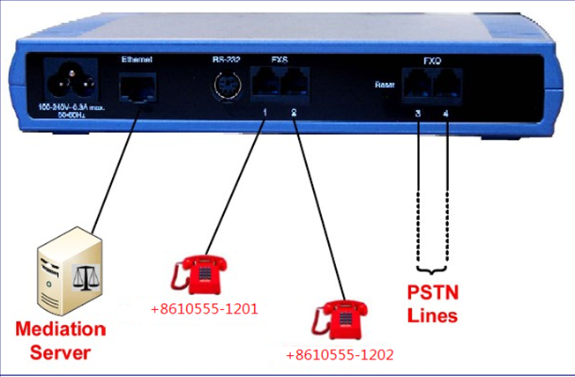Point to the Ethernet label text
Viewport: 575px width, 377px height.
click(136, 59)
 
